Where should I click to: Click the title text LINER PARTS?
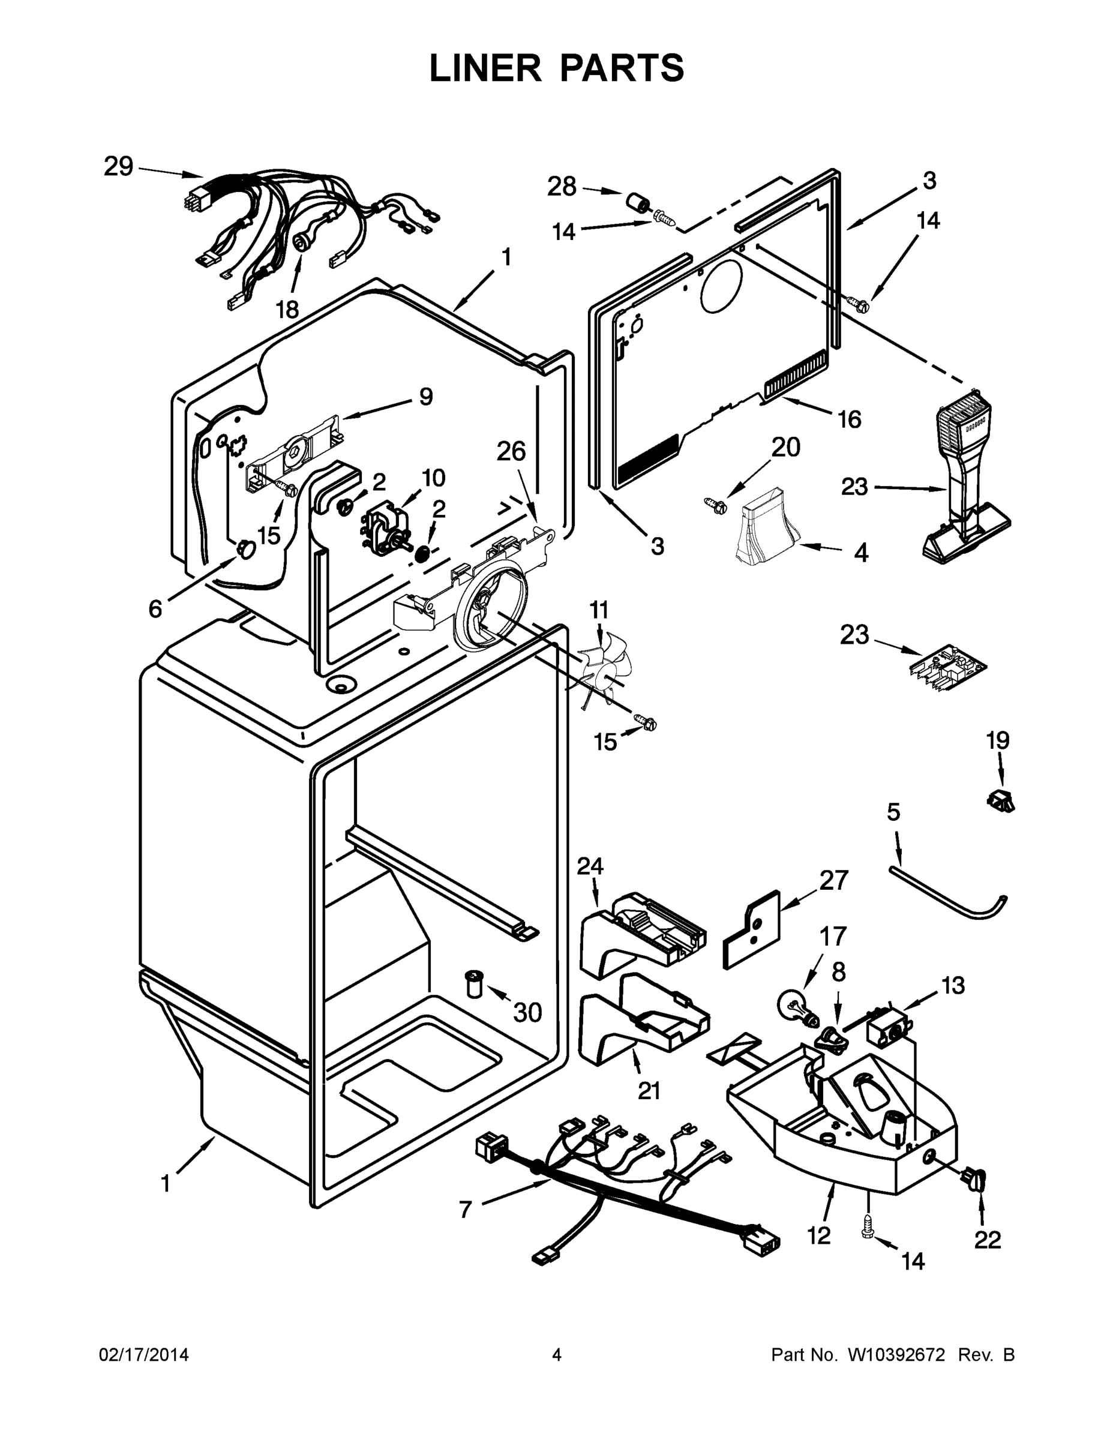(x=557, y=68)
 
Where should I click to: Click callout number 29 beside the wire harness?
(x=119, y=167)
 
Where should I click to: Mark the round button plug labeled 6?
(x=245, y=548)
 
